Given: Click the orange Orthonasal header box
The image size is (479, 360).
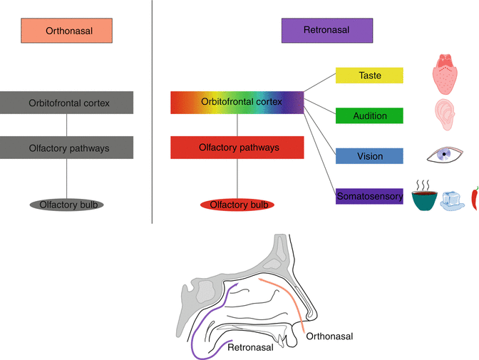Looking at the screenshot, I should [x=67, y=31].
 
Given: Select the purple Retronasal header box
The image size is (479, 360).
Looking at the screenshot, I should [x=327, y=31].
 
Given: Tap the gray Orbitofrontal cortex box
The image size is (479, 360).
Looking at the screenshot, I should [x=66, y=103].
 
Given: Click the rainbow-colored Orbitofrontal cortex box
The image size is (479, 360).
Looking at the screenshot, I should [x=237, y=102].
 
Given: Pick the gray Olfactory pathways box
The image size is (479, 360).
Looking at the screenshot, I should [x=66, y=148].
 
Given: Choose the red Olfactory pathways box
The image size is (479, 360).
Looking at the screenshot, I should [x=237, y=148].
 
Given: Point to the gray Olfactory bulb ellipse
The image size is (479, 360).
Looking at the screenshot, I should [x=67, y=205].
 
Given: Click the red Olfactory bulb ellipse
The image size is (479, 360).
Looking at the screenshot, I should [x=237, y=205].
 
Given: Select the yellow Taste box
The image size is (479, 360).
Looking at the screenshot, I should [x=369, y=76].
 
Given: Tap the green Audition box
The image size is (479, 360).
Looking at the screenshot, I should [x=369, y=115].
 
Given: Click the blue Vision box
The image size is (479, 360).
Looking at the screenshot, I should [x=369, y=156].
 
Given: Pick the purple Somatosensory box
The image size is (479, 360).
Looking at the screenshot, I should [x=369, y=195].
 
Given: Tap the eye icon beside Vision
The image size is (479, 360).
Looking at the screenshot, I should [x=445, y=155].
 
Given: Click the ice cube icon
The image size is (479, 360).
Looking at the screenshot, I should [x=453, y=200].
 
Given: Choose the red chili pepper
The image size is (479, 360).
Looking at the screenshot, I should [x=475, y=197].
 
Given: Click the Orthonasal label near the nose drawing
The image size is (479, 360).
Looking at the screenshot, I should [x=329, y=335].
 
